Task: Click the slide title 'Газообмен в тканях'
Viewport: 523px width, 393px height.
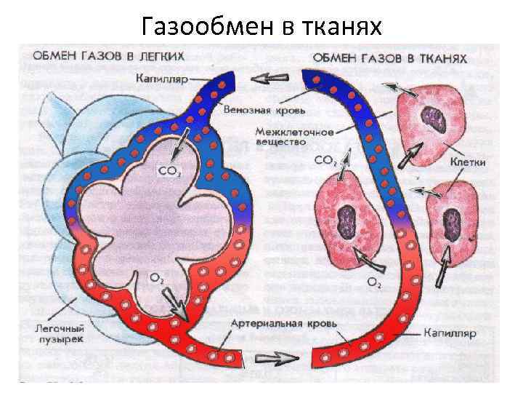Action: tap(261, 27)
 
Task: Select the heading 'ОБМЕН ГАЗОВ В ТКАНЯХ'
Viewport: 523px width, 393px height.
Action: tap(389, 57)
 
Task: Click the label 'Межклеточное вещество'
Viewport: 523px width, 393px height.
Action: tap(295, 138)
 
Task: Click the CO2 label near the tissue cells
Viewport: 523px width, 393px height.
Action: tap(325, 161)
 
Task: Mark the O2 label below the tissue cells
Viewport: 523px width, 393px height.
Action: tap(373, 282)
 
